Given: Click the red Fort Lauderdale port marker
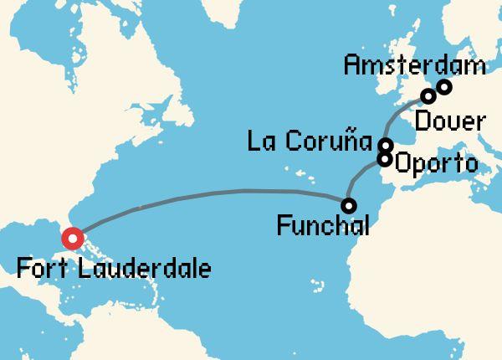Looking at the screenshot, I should pyautogui.click(x=73, y=239).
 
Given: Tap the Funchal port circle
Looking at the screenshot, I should pyautogui.click(x=348, y=205).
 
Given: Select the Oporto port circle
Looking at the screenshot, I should pyautogui.click(x=385, y=158).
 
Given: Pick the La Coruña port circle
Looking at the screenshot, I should pyautogui.click(x=384, y=145).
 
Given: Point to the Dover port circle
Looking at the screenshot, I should pyautogui.click(x=428, y=95).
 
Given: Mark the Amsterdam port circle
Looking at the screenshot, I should pyautogui.click(x=444, y=86).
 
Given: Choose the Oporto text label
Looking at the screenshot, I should pyautogui.click(x=434, y=162).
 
